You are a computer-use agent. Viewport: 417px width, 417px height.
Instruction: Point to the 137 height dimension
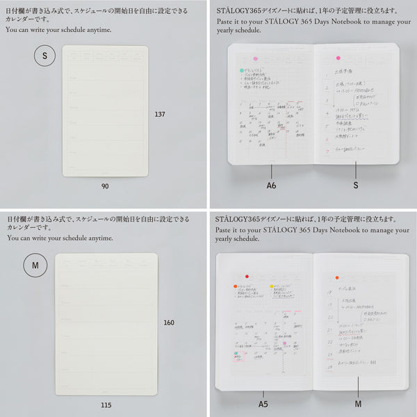pyautogui.click(x=161, y=114)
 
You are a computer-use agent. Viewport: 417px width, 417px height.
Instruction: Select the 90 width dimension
pyautogui.click(x=105, y=186)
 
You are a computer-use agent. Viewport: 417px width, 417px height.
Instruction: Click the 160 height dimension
pyautogui.click(x=169, y=322)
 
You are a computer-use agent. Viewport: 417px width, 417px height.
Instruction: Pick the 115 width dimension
pyautogui.click(x=105, y=404)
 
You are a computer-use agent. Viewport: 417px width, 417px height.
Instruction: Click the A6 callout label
pyautogui.click(x=272, y=186)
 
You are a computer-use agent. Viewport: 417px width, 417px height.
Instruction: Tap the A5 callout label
pyautogui.click(x=263, y=404)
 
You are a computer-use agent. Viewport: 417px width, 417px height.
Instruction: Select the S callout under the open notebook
pyautogui.click(x=355, y=186)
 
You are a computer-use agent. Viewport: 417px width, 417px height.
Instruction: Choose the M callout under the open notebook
pyautogui.click(x=358, y=404)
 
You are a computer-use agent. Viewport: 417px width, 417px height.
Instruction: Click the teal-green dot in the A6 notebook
pyautogui.click(x=242, y=71)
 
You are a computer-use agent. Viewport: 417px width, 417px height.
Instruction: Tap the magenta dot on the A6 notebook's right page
pyautogui.click(x=338, y=58)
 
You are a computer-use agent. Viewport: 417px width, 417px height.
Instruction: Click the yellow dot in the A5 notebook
pyautogui.click(x=272, y=286)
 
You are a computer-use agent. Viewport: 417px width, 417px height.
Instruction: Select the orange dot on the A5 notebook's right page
pyautogui.click(x=337, y=277)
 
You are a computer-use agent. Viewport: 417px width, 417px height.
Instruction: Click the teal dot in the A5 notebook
pyautogui.click(x=236, y=353)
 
